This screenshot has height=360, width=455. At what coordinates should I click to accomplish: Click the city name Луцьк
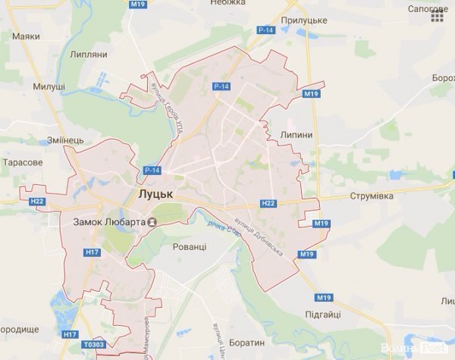(155, 195)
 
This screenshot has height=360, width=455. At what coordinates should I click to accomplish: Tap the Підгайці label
(319, 313)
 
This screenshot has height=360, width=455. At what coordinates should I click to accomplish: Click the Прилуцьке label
(303, 20)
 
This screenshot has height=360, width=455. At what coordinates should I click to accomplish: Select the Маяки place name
(26, 36)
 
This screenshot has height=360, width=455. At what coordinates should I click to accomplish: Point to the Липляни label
(88, 55)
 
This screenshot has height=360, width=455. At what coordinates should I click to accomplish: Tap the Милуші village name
(49, 87)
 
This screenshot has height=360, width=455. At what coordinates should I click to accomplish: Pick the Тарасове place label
(23, 162)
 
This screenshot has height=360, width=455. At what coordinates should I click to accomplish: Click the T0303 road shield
(94, 345)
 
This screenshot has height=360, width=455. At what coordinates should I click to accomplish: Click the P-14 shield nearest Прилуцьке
(265, 30)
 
